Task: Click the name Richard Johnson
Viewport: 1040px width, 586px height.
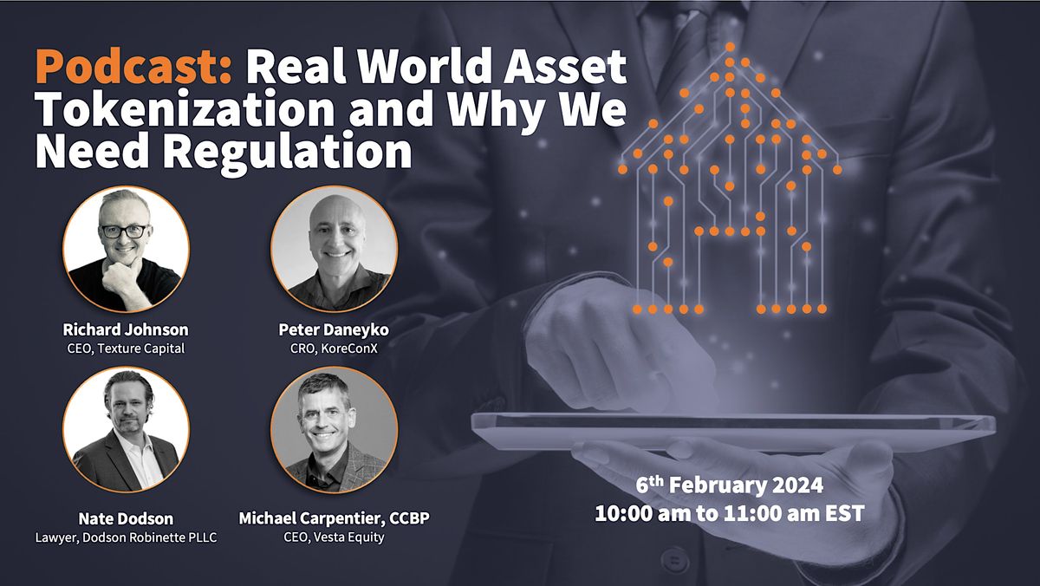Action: (126, 329)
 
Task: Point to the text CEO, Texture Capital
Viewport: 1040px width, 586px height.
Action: (126, 348)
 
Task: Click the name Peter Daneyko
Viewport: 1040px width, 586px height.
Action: (335, 329)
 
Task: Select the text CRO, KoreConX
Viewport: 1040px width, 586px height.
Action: (335, 348)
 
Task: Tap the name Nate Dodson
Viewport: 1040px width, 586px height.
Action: (125, 518)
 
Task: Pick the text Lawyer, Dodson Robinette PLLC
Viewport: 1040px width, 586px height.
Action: (125, 537)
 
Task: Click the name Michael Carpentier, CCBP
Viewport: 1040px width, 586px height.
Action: (335, 518)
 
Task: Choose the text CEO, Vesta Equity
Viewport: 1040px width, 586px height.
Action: (335, 537)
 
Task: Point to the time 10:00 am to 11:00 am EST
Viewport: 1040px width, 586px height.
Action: (729, 512)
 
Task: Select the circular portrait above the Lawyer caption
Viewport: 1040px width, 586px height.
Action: (126, 430)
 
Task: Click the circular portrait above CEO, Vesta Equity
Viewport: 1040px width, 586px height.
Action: (335, 430)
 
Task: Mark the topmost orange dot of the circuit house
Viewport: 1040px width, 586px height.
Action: (731, 47)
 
